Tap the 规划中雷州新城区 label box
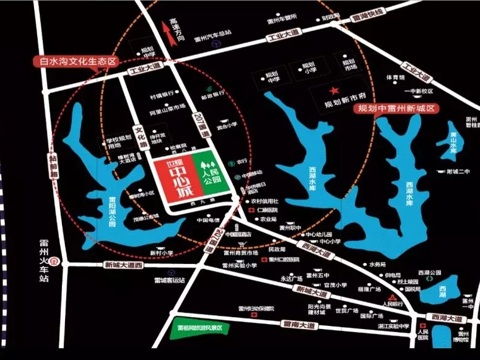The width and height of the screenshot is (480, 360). (x=395, y=109)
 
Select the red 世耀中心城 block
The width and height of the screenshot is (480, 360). (x=174, y=178)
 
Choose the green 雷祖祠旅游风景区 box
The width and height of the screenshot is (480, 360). (x=200, y=328)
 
